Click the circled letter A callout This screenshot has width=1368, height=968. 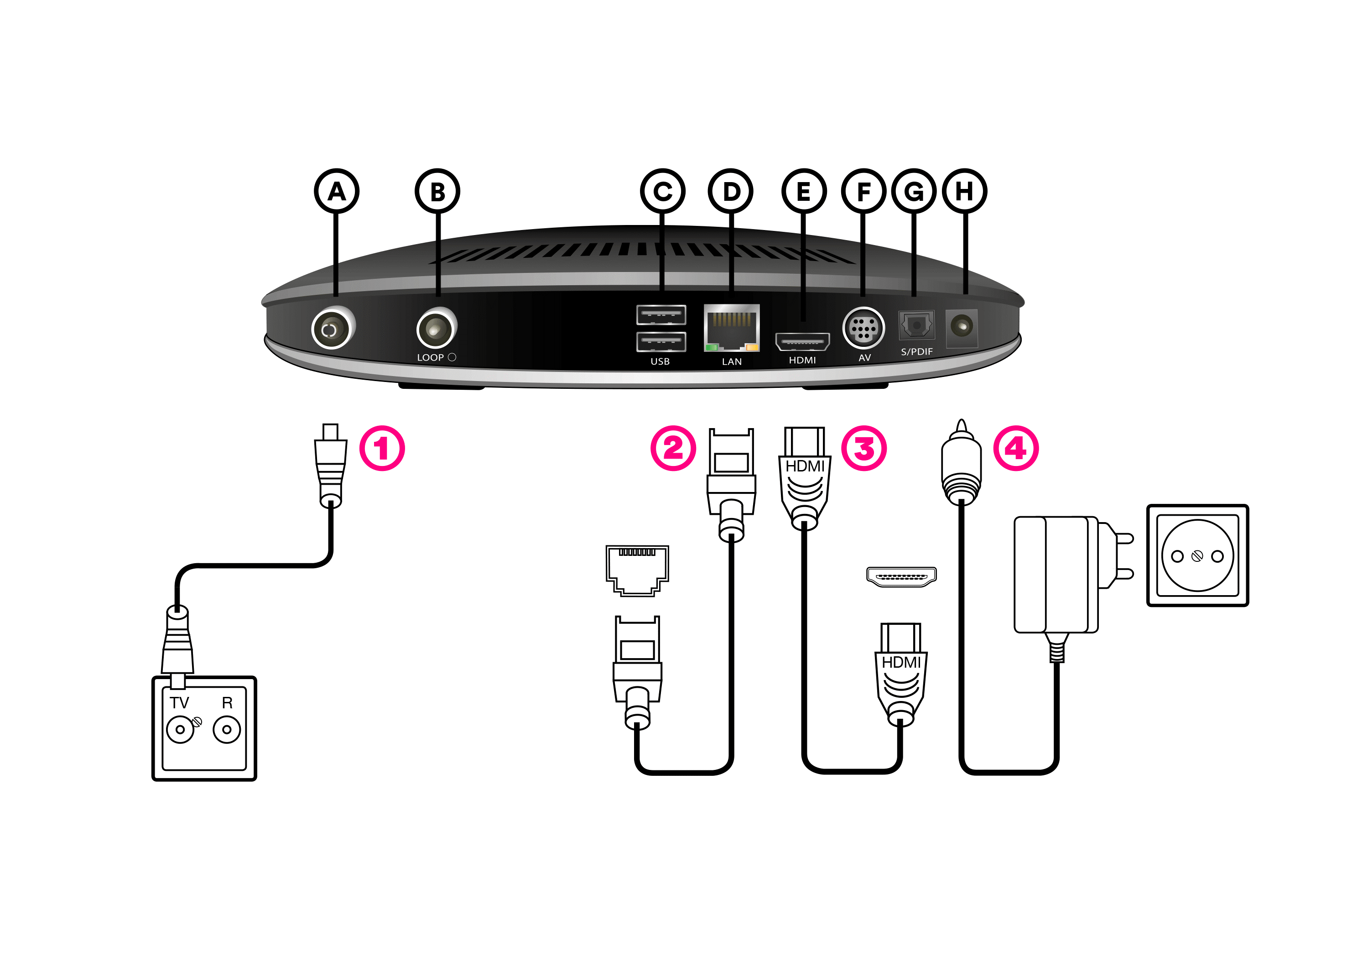pos(337,191)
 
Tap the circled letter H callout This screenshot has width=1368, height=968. pos(965,191)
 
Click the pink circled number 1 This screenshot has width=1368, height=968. pos(382,448)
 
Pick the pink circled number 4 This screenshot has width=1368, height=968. pos(1016,448)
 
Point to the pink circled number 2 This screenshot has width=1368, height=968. pos(673,448)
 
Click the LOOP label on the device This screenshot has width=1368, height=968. pos(430,358)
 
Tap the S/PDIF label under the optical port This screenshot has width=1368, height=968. pos(916,352)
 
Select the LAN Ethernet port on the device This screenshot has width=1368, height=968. pos(732,328)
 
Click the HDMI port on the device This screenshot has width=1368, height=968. pos(802,342)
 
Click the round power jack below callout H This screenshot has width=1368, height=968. pos(962,327)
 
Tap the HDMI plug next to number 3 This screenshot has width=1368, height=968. pos(804,477)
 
